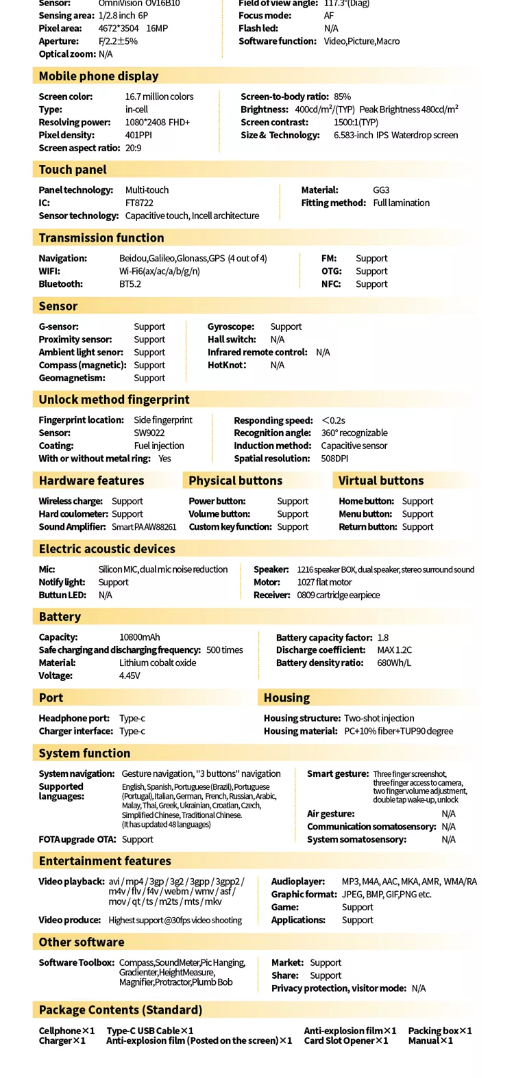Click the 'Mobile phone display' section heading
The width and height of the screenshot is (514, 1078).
[x=99, y=76]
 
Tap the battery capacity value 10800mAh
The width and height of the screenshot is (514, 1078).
[x=140, y=637]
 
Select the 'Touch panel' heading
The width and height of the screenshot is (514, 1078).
[x=73, y=170]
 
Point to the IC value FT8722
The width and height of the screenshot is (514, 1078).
[x=139, y=203]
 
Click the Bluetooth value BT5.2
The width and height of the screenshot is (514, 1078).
[x=130, y=284]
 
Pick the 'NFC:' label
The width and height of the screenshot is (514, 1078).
[x=331, y=284]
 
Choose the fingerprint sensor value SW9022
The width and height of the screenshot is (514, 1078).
[x=149, y=433]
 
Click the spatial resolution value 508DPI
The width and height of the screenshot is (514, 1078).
[x=334, y=459]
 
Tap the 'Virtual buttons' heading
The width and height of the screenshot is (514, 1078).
[x=381, y=480]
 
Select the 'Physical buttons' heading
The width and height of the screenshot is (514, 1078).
[x=235, y=480]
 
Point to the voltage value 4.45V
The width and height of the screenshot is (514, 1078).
[x=130, y=676]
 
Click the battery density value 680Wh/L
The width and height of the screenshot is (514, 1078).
[x=394, y=663]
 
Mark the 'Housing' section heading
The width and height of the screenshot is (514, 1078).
[x=286, y=698]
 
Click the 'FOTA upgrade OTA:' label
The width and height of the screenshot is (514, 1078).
[x=77, y=840]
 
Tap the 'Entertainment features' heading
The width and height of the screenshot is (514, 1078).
[x=105, y=861]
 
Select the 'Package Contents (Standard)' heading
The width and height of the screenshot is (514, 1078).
[x=121, y=1010]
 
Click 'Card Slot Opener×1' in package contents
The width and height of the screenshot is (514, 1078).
[x=346, y=1041]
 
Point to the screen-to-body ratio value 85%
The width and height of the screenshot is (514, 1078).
[x=343, y=97]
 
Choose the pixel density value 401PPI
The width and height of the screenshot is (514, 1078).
[x=138, y=136]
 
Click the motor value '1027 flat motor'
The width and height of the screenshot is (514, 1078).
[x=324, y=582]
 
